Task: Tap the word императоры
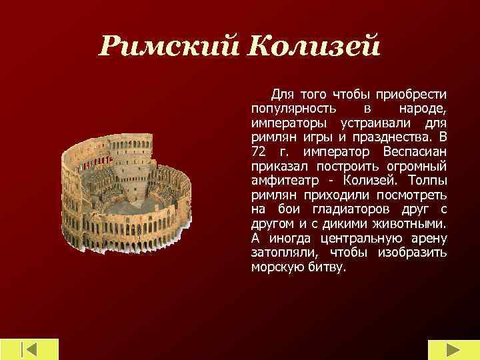tap(289, 123)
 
